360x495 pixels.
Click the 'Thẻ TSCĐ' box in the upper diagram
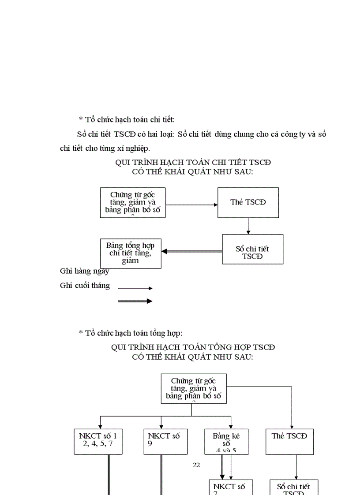pyautogui.click(x=248, y=202)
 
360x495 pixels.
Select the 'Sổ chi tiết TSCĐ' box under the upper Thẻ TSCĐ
pyautogui.click(x=252, y=249)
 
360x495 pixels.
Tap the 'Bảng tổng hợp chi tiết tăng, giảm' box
pyautogui.click(x=131, y=253)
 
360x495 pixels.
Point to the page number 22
pyautogui.click(x=197, y=465)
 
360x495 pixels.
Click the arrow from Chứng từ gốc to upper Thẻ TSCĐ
pyautogui.click(x=192, y=205)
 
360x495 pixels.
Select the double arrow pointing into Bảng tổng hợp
pyautogui.click(x=191, y=251)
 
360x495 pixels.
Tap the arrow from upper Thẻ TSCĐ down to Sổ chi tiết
pyautogui.click(x=248, y=226)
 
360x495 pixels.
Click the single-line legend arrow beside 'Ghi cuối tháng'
pyautogui.click(x=135, y=288)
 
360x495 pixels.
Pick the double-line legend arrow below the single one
pyautogui.click(x=135, y=301)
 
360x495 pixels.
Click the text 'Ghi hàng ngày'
pyautogui.click(x=85, y=271)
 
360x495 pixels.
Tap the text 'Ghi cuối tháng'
pyautogui.click(x=85, y=286)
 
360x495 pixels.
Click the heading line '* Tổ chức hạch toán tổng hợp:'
pyautogui.click(x=131, y=333)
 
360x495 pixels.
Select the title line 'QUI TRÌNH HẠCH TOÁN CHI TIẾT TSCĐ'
pyautogui.click(x=193, y=162)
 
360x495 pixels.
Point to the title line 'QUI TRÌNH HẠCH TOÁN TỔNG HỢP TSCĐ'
pyautogui.click(x=193, y=347)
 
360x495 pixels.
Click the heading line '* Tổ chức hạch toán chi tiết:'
pyautogui.click(x=127, y=119)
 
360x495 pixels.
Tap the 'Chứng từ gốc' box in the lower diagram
pyautogui.click(x=193, y=388)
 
